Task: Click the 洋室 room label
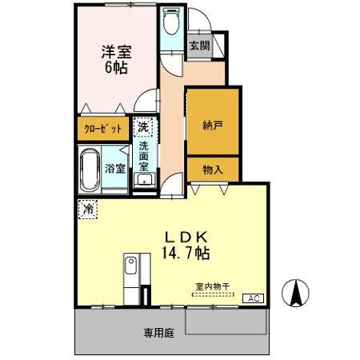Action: (116, 52)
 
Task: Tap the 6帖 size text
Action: (116, 67)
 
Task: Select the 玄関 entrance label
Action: (199, 46)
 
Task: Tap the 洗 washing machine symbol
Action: (142, 127)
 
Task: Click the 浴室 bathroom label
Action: (114, 168)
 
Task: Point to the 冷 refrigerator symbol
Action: (86, 208)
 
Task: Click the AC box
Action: (253, 298)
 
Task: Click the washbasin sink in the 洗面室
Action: (144, 182)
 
